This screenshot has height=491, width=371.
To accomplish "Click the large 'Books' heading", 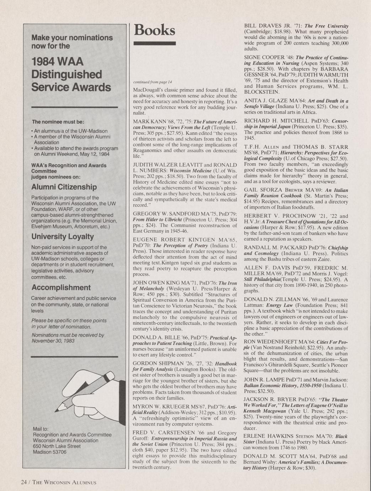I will tap(154, 30).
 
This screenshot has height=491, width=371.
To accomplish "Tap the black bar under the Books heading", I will tap(154, 43).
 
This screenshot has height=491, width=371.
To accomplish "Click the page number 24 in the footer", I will tap(24, 482).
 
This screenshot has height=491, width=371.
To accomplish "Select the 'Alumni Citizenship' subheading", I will tap(64, 187).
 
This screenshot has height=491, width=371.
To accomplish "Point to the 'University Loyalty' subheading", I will tap(63, 237).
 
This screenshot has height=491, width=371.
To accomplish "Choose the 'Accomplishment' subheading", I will tap(61, 287).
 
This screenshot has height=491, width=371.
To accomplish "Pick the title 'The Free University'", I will tap(326, 26).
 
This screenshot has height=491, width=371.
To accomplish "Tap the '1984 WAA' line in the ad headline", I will tap(58, 62).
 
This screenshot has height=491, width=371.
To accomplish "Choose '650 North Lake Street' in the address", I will tap(57, 446).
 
